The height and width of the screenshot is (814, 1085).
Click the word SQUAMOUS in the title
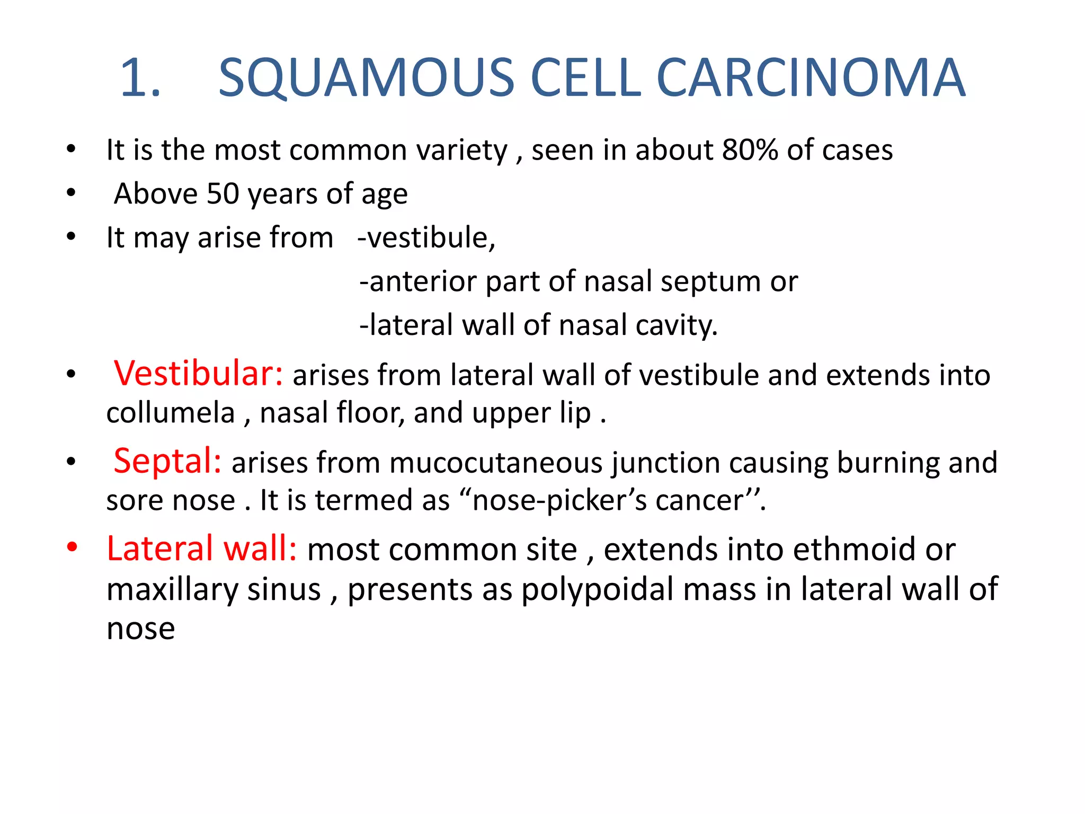point(366,78)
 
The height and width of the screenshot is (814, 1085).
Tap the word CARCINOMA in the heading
point(811,78)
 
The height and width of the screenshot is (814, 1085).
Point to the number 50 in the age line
point(223,193)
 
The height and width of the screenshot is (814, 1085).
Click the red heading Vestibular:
point(199,373)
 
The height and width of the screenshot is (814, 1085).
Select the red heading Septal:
point(167,461)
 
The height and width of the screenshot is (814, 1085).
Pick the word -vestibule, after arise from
point(426,237)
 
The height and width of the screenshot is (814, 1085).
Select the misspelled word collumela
point(170,413)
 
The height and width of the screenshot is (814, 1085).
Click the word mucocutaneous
point(496,463)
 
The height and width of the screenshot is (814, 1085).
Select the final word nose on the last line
point(140,629)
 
